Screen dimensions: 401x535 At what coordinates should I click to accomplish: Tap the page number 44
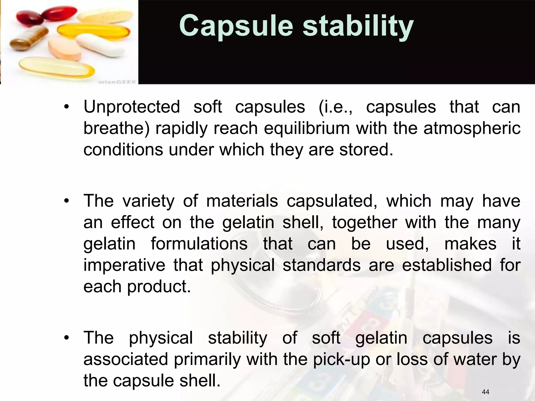[485, 392]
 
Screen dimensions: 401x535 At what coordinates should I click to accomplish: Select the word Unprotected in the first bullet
[132, 107]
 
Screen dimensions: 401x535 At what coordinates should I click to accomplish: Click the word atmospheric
[472, 128]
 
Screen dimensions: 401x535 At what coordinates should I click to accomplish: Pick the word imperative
[124, 265]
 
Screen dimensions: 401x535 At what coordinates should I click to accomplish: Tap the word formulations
[199, 244]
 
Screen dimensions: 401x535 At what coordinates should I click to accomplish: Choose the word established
[447, 265]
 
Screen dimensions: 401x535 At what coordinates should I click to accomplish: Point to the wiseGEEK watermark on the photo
[117, 82]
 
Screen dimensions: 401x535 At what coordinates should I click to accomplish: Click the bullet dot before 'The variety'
[67, 201]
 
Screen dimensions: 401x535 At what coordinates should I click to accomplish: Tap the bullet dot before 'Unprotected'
[67, 107]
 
